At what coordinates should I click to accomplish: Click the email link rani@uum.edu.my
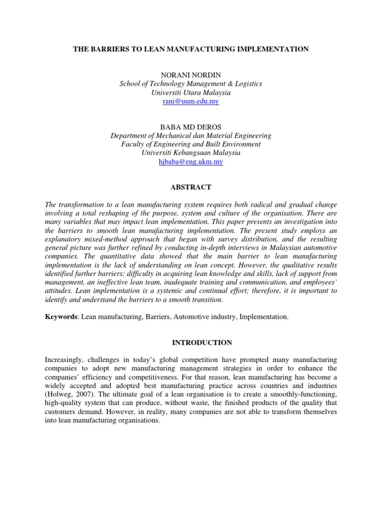pos(191,101)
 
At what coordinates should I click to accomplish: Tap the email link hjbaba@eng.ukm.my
pos(191,162)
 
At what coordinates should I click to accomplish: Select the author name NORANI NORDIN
pos(191,75)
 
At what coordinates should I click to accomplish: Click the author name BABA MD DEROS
pos(191,127)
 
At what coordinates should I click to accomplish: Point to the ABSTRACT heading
pos(191,187)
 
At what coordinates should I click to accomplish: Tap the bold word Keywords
pos(61,316)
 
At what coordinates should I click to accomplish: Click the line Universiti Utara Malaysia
pos(191,93)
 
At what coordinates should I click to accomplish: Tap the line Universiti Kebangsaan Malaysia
pos(191,153)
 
